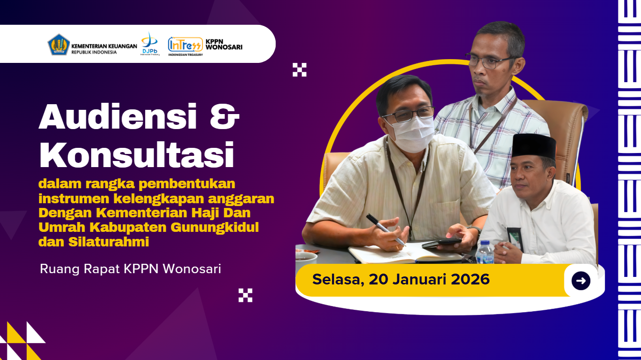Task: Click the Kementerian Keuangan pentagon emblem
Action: [x=58, y=45]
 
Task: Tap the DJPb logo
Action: [x=150, y=44]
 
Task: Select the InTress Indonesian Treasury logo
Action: [x=185, y=46]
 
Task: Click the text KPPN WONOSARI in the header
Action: [x=224, y=44]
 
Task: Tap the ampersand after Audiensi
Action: [x=224, y=117]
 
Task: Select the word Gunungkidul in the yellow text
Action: [x=215, y=227]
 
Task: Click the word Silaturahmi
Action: [x=109, y=242]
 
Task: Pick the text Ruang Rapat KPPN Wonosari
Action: [x=131, y=269]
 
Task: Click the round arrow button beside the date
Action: [x=580, y=281]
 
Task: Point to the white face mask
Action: [x=412, y=133]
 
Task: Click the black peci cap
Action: [x=533, y=146]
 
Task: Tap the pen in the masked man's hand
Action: [x=385, y=230]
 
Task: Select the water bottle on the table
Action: [x=485, y=252]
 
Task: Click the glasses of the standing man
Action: [x=490, y=61]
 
